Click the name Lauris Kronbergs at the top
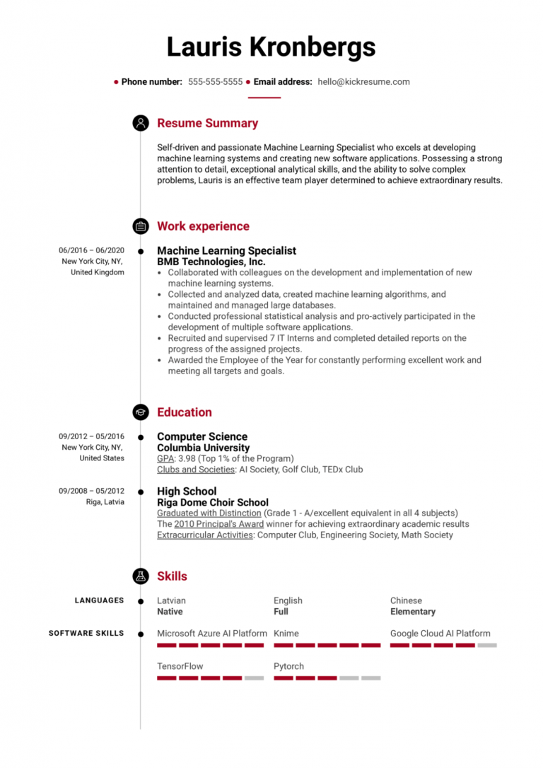tap(271, 47)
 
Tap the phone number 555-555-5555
tap(215, 82)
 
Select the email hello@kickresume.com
tap(363, 82)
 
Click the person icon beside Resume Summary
tap(141, 123)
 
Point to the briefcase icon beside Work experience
tap(141, 226)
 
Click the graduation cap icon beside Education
tap(141, 412)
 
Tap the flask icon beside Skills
tap(141, 576)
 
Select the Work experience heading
tap(203, 226)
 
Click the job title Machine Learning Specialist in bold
tap(226, 250)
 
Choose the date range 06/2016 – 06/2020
tap(91, 250)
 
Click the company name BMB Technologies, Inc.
tap(211, 262)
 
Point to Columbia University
tap(203, 448)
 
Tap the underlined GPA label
tap(165, 458)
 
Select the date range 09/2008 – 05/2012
tap(91, 491)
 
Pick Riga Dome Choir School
tap(212, 502)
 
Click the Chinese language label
tap(406, 600)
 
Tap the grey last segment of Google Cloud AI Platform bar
tap(487, 645)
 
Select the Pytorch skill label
tap(288, 666)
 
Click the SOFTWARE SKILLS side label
tap(86, 634)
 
